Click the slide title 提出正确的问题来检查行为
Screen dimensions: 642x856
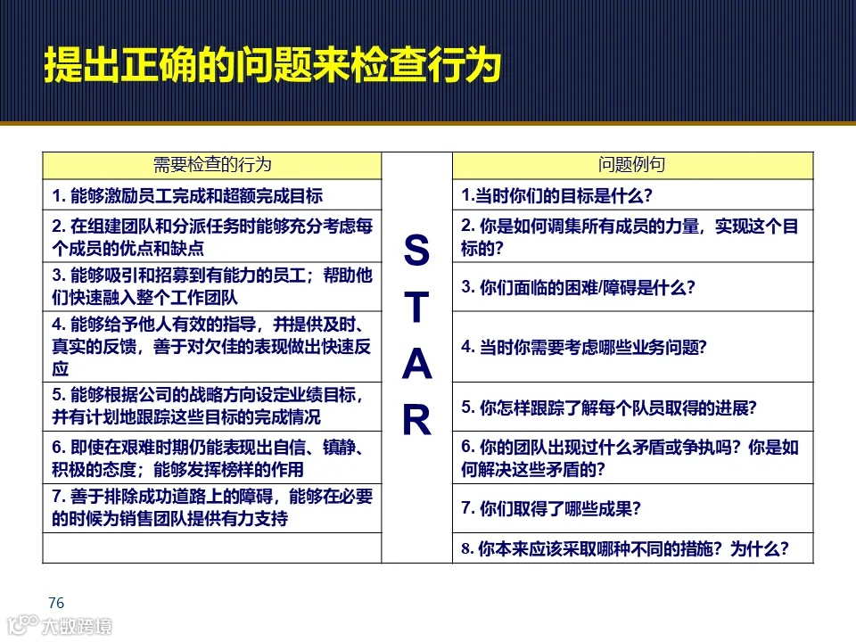(271, 67)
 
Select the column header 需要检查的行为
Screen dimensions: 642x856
(212, 165)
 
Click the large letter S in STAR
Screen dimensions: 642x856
(416, 251)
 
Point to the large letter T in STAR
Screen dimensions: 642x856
(416, 309)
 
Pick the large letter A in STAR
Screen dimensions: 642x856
(416, 365)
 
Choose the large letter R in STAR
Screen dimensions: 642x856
(416, 421)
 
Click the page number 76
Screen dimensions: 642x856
(56, 604)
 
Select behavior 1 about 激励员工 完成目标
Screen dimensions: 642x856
(187, 195)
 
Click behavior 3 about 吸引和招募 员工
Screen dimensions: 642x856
(211, 286)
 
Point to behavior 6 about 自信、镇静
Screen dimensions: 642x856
(211, 457)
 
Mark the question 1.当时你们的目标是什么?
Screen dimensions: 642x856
(556, 194)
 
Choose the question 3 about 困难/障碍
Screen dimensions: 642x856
(578, 287)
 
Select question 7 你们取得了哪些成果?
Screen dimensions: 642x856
(551, 508)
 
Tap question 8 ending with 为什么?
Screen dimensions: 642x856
(624, 548)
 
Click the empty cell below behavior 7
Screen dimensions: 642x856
(211, 548)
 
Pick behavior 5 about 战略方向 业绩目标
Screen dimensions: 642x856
(211, 406)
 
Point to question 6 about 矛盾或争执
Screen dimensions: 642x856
(630, 457)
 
